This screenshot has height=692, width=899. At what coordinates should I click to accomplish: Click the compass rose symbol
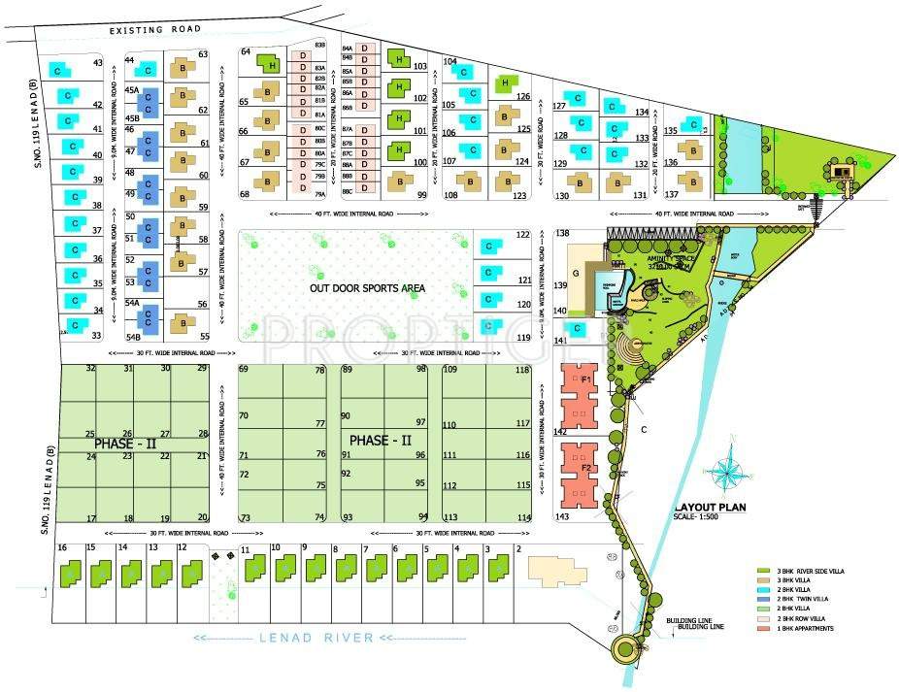click(726, 472)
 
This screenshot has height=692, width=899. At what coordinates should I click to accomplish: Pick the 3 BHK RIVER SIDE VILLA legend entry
click(803, 572)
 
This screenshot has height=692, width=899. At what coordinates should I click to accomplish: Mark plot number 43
click(97, 63)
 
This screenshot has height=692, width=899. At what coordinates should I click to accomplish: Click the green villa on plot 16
click(70, 574)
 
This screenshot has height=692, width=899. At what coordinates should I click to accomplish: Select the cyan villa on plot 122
click(492, 246)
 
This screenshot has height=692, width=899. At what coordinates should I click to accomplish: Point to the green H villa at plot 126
click(503, 84)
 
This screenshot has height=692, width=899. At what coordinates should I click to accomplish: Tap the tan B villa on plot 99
click(399, 181)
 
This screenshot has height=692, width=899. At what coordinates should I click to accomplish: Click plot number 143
click(561, 517)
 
